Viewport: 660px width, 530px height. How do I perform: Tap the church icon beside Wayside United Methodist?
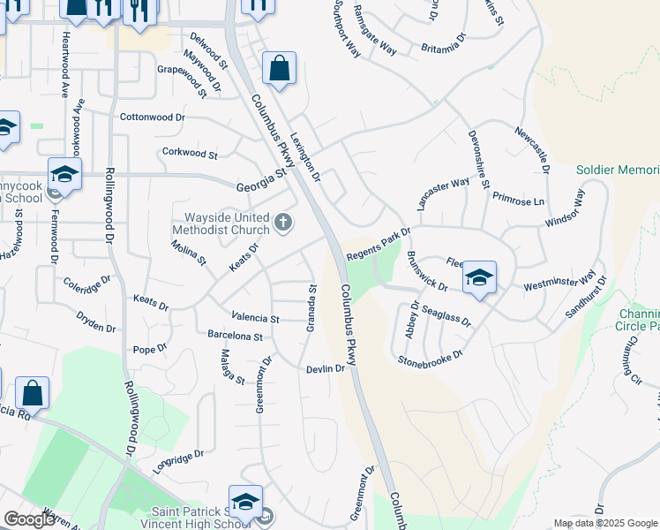pyautogui.click(x=283, y=223)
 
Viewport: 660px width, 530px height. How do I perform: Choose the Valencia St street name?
pyautogui.click(x=255, y=318)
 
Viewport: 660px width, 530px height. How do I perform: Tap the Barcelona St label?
pyautogui.click(x=235, y=337)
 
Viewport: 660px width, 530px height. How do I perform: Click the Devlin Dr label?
pyautogui.click(x=325, y=368)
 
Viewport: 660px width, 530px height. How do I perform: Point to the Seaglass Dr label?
pyautogui.click(x=446, y=316)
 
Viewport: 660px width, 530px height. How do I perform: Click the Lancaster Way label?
pyautogui.click(x=443, y=193)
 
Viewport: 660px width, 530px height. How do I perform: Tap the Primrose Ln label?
pyautogui.click(x=519, y=200)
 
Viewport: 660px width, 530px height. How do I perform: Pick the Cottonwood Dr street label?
pyautogui.click(x=153, y=117)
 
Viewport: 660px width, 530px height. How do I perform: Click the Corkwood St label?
pyautogui.click(x=190, y=153)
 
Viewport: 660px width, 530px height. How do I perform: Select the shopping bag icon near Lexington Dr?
pyautogui.click(x=279, y=68)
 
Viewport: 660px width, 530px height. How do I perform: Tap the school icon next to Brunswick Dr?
pyautogui.click(x=479, y=277)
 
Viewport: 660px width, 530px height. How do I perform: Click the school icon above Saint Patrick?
pyautogui.click(x=246, y=500)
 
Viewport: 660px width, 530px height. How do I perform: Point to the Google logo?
pyautogui.click(x=28, y=520)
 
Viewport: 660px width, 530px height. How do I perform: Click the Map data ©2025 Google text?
pyautogui.click(x=605, y=523)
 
